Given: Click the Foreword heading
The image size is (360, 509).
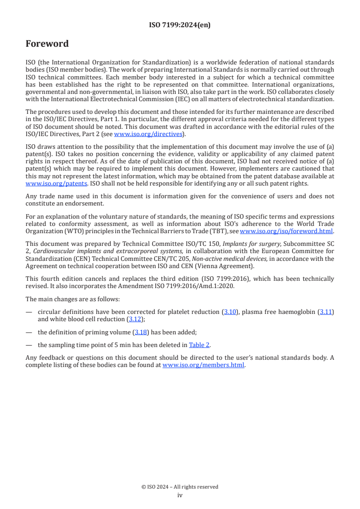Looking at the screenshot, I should point(47,44).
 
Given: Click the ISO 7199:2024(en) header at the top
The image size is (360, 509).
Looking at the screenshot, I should point(180,25).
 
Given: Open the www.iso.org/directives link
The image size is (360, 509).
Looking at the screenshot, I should point(148,134).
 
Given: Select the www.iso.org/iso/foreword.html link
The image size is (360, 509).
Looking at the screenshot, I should point(286,230).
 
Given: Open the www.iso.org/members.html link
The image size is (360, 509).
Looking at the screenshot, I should point(203,365).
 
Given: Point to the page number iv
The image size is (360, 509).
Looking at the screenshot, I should point(180,495).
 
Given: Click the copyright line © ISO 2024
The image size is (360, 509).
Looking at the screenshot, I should point(180,487).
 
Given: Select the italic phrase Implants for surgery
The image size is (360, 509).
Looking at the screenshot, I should point(251,243).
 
